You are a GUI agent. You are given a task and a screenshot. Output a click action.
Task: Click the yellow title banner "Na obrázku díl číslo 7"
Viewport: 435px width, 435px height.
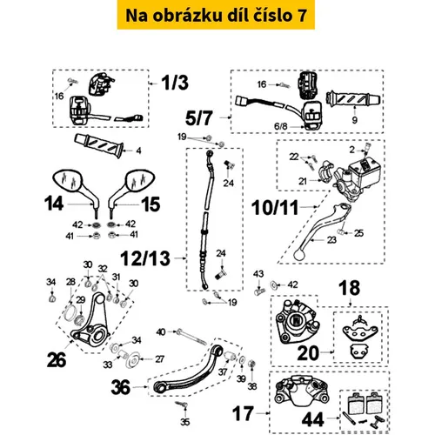(216, 15)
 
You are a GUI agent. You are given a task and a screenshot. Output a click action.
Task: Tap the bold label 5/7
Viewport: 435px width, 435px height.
(199, 118)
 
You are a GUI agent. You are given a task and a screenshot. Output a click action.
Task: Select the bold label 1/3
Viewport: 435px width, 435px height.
(175, 83)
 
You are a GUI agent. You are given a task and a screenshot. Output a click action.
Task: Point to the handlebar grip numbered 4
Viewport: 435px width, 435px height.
(99, 145)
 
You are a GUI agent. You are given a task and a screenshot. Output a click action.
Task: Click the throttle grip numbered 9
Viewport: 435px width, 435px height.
(353, 99)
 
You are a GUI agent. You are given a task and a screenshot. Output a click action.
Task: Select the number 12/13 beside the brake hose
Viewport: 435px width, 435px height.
(145, 258)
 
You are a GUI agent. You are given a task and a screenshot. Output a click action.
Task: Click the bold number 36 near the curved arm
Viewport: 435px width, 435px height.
(121, 387)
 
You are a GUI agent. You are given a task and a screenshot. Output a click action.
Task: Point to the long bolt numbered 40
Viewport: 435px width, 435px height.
(191, 337)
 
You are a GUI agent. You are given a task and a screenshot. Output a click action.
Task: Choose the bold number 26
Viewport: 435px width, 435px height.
(57, 360)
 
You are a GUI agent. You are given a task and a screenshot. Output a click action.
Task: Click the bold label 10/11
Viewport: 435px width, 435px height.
(275, 208)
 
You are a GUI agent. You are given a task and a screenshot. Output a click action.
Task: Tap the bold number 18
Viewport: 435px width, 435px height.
(350, 288)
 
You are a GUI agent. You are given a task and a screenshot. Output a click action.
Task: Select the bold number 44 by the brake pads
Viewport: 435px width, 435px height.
(312, 419)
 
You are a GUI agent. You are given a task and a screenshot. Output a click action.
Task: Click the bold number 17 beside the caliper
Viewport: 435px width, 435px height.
(243, 413)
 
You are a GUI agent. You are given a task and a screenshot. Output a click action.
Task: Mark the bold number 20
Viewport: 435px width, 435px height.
(308, 353)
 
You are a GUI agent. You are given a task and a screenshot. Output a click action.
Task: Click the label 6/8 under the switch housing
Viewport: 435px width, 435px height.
(280, 126)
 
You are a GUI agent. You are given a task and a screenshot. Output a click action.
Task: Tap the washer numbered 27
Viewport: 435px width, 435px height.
(134, 359)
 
